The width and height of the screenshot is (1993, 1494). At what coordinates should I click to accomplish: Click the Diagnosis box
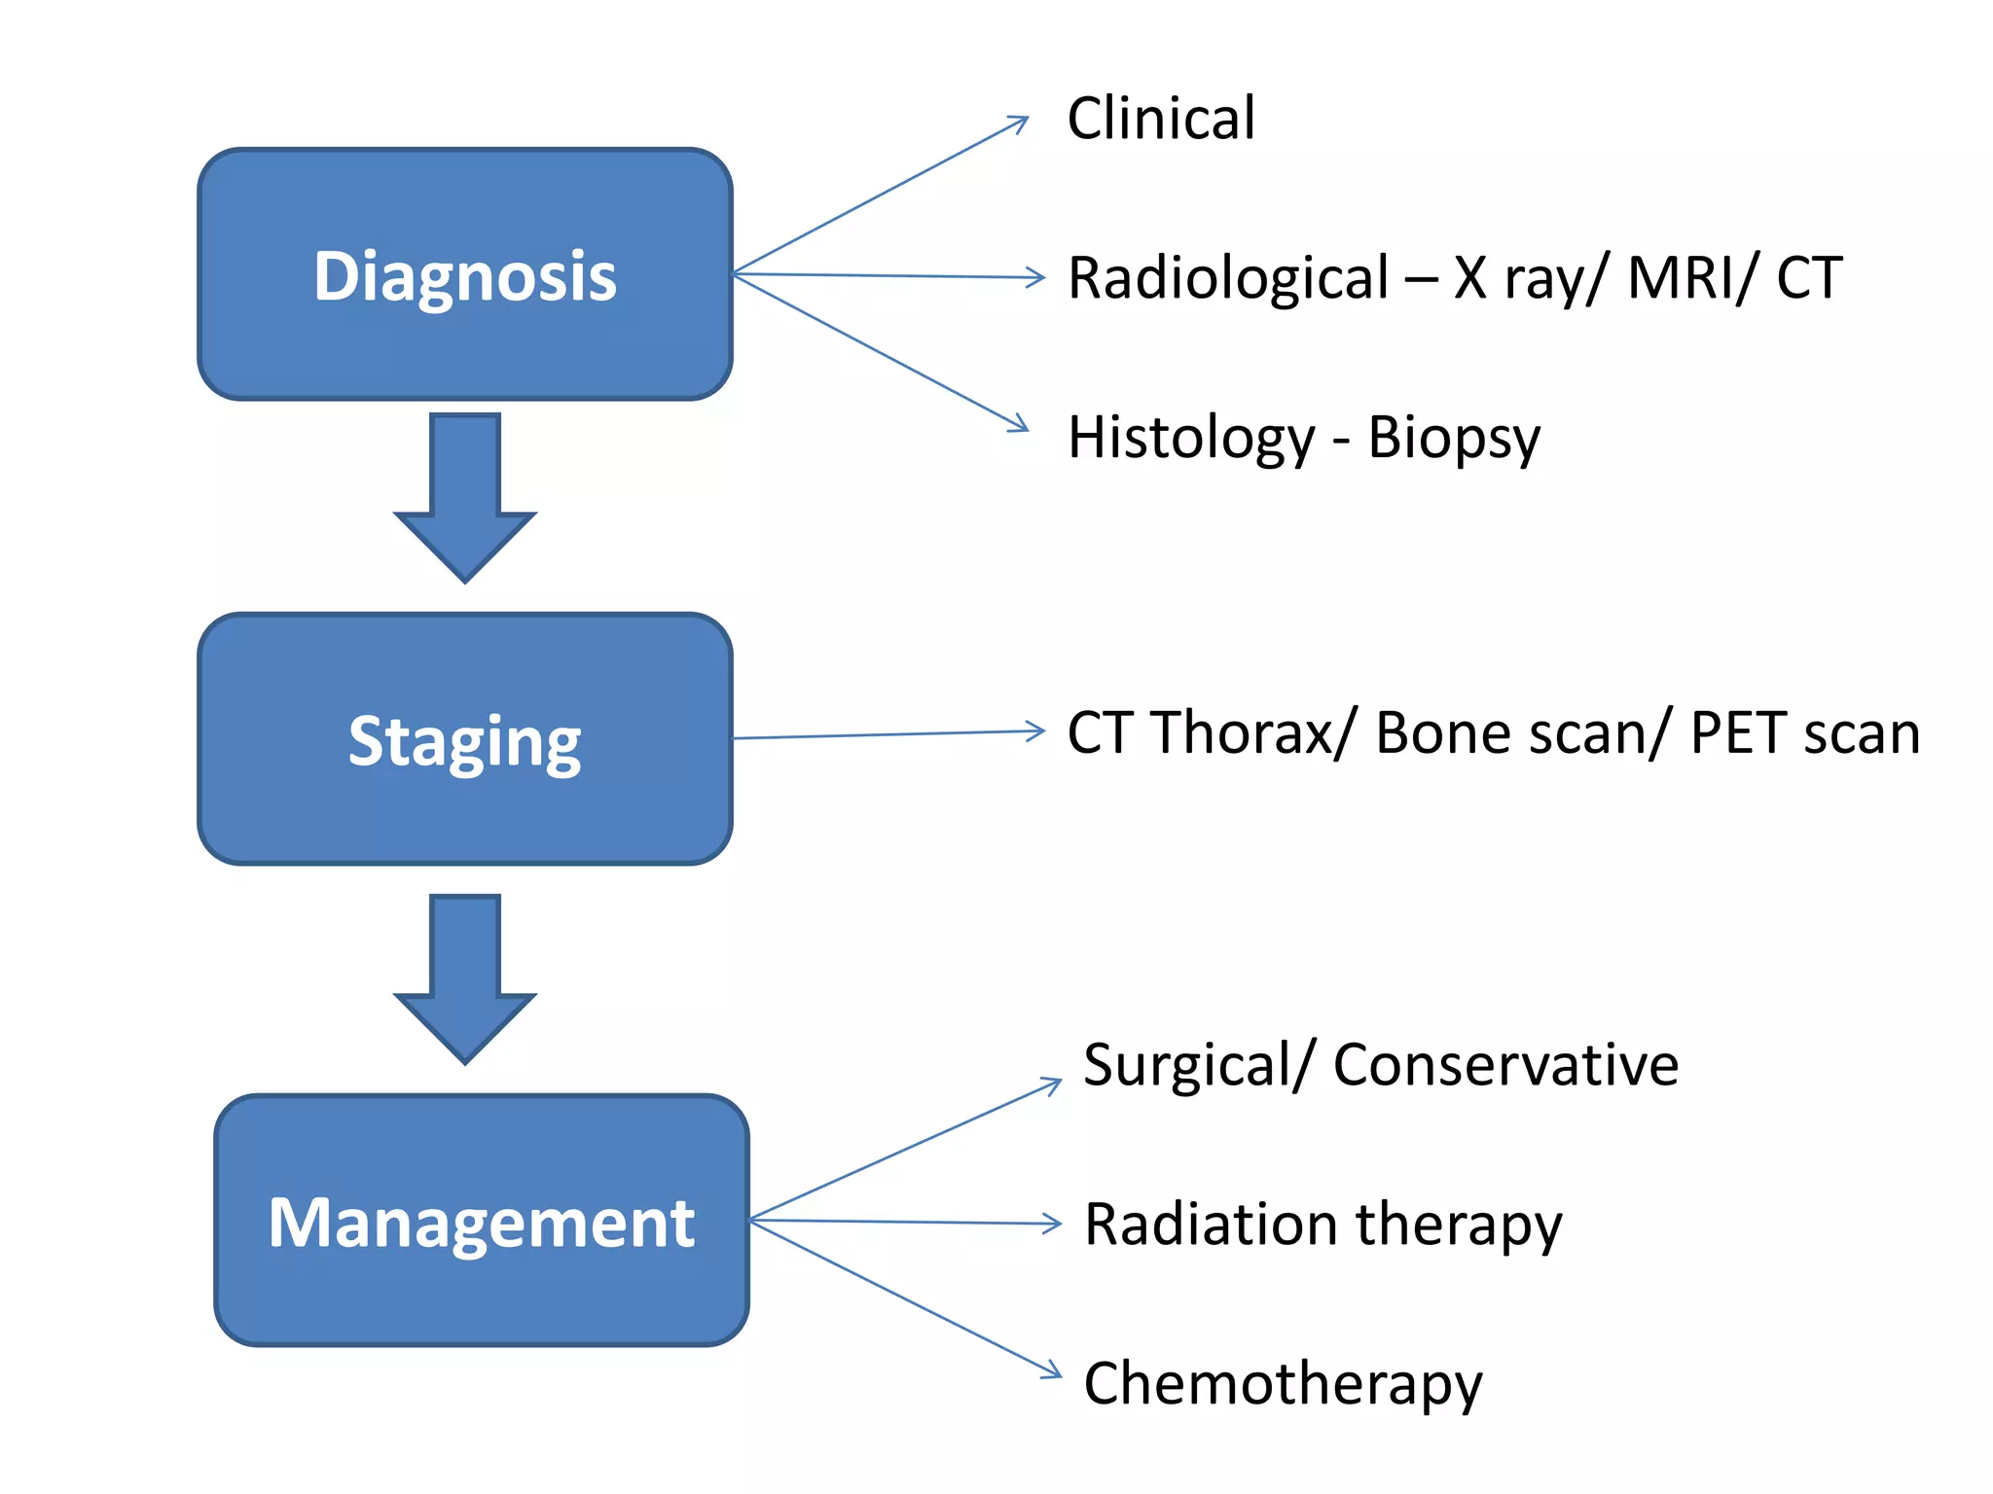(x=464, y=274)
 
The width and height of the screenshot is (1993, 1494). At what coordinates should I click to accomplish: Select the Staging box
(x=464, y=739)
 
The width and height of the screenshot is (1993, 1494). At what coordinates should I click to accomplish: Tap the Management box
(x=482, y=1221)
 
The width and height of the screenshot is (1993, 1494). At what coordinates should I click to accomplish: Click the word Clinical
(x=1160, y=119)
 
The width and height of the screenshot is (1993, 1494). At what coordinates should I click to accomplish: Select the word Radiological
(x=1228, y=278)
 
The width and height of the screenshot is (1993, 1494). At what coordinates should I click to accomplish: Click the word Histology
(x=1191, y=438)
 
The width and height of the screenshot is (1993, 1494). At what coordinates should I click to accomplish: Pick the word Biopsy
(x=1454, y=438)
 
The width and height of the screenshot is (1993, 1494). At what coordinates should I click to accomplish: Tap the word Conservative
(x=1505, y=1064)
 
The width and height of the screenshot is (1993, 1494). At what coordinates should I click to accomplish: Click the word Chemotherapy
(x=1283, y=1384)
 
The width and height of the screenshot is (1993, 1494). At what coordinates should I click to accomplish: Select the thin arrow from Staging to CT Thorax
(x=886, y=734)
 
